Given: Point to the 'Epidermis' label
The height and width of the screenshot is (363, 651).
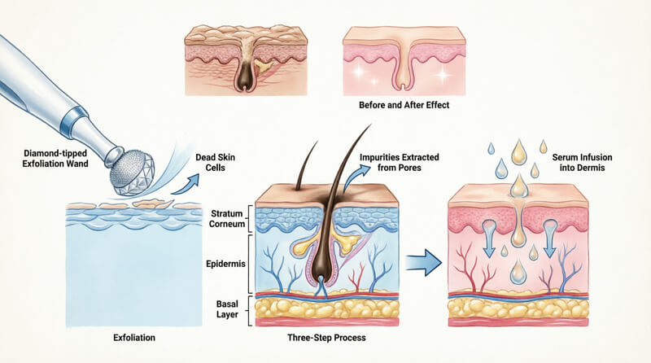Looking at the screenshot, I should (225, 265).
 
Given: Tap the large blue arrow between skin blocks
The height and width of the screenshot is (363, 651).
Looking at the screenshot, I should (421, 262).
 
